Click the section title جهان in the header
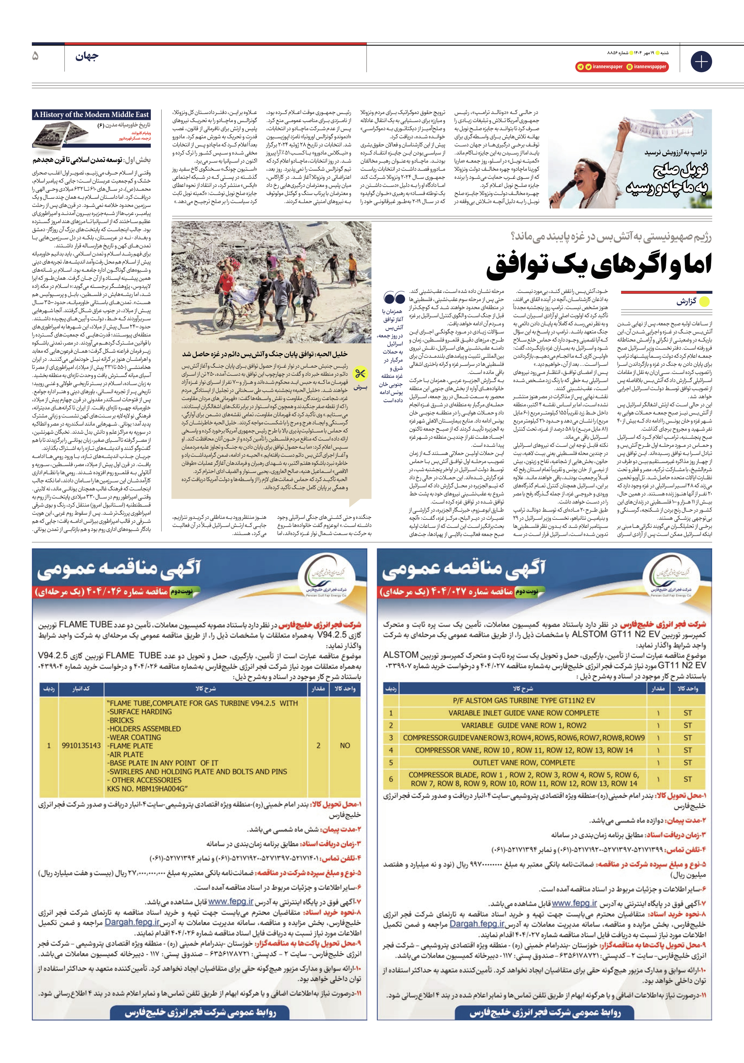click(x=87, y=57)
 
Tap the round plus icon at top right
click(x=701, y=62)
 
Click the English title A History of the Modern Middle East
click(x=92, y=115)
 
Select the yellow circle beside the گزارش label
click(x=704, y=302)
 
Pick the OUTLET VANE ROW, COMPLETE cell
click(x=523, y=763)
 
